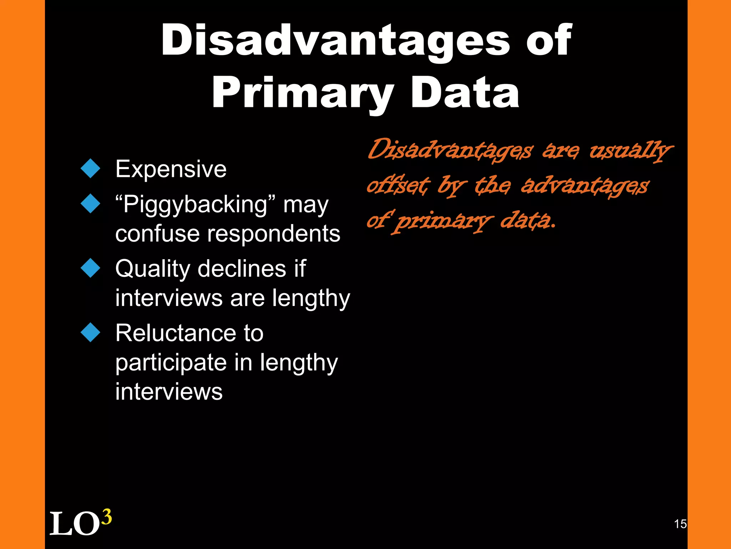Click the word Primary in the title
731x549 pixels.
[x=303, y=94]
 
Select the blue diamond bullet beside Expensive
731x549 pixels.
[x=91, y=168]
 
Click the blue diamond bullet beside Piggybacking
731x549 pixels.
[x=91, y=203]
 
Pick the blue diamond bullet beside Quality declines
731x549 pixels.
[x=91, y=268]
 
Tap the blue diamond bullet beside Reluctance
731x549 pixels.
[x=91, y=332]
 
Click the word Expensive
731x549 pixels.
[x=171, y=169]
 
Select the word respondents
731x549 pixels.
[x=274, y=234]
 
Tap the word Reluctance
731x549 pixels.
[x=175, y=333]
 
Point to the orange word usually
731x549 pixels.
[x=630, y=150]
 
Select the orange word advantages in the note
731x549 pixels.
[x=585, y=186]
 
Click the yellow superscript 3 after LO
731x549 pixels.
[x=106, y=517]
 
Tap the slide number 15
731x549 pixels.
[x=680, y=524]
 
